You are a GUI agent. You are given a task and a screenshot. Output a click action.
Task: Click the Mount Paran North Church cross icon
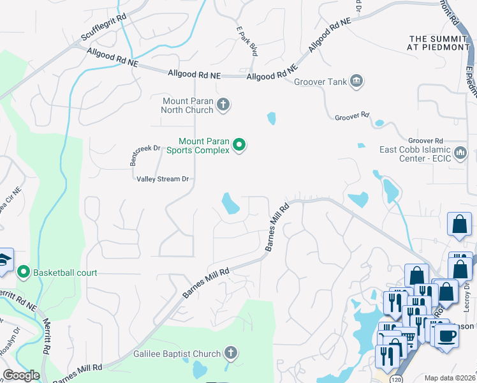(x=223, y=104)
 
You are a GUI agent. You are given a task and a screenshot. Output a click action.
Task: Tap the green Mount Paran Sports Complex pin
(x=239, y=146)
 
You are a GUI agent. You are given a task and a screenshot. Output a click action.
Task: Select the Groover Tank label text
(x=320, y=82)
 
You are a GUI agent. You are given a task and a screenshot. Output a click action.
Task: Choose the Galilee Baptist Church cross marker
(x=230, y=353)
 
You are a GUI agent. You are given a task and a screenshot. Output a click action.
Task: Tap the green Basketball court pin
(x=24, y=273)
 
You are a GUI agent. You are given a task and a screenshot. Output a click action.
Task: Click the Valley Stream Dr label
(x=163, y=179)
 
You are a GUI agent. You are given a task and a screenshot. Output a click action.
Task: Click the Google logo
(x=21, y=375)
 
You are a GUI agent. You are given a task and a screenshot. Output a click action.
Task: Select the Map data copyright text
(x=450, y=378)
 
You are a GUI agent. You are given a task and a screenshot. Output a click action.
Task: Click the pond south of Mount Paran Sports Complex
(x=230, y=204)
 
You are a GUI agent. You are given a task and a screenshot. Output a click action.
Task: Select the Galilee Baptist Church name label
(x=177, y=353)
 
